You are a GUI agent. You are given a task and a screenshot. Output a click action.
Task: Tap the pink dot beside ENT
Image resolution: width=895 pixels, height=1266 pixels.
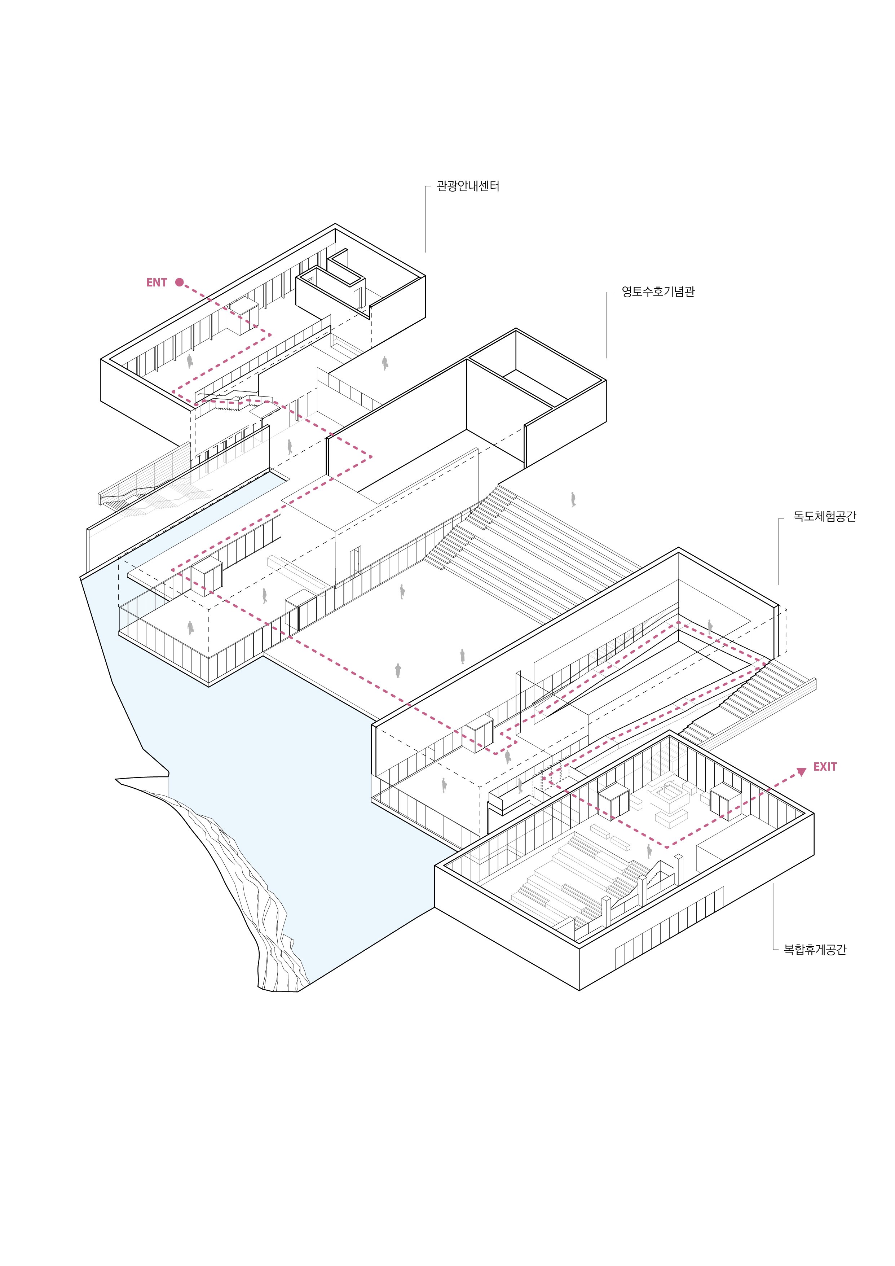179,282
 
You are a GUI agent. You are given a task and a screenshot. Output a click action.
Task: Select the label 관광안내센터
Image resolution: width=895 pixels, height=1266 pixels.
468,187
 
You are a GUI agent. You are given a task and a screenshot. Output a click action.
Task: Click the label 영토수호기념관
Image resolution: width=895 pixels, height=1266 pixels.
658,292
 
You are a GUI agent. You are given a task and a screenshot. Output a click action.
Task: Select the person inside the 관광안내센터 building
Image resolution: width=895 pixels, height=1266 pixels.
190,361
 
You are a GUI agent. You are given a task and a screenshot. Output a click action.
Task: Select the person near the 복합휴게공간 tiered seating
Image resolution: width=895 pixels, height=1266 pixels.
649,851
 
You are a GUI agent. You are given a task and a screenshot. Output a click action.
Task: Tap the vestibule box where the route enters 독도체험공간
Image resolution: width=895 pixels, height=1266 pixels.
477,734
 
